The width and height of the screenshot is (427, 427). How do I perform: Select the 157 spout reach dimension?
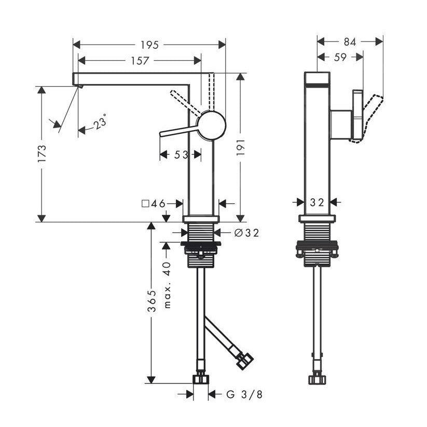(x=140, y=61)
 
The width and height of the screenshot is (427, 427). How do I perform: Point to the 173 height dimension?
(x=42, y=154)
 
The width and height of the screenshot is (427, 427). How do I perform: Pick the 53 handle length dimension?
(x=181, y=154)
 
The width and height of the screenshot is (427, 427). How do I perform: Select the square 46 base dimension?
(x=154, y=203)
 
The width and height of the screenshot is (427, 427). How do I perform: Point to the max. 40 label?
(x=167, y=285)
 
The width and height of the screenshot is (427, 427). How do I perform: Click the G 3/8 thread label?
(x=244, y=395)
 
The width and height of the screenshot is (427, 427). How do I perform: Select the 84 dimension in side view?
(x=350, y=42)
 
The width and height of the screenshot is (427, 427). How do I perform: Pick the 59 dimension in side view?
(x=340, y=58)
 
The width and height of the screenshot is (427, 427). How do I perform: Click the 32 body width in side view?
(x=316, y=202)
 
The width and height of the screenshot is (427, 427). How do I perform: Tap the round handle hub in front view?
(x=212, y=125)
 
